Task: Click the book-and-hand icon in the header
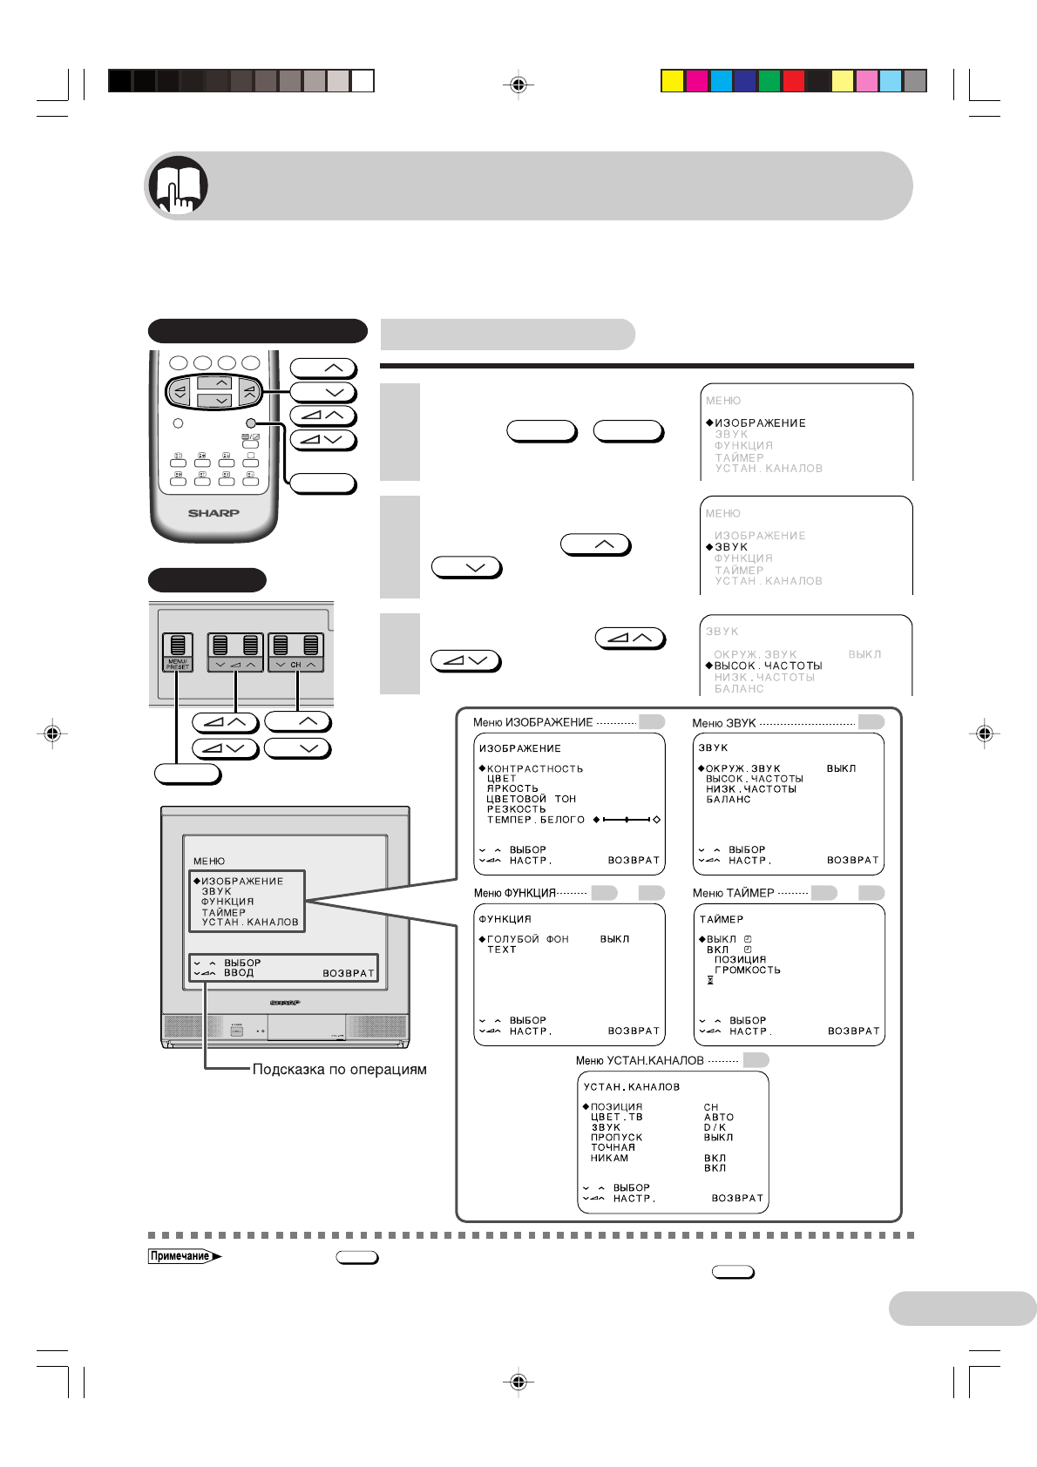coord(178,186)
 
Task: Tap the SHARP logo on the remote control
coord(213,513)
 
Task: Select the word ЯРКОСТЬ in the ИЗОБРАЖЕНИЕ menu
coord(512,788)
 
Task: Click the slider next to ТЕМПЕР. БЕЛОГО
coord(627,820)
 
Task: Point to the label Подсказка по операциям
coord(339,1069)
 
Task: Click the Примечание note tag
coord(180,1256)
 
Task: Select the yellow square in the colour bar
coord(672,81)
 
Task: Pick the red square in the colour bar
coord(793,81)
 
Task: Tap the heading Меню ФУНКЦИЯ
coord(514,893)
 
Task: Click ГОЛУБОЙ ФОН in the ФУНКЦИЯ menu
coord(527,939)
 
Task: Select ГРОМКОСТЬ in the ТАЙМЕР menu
coord(747,970)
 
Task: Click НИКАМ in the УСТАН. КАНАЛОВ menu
coord(609,1158)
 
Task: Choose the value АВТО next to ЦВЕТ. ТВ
coord(719,1117)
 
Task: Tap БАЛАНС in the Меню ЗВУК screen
coord(728,799)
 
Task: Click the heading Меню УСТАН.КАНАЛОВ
coord(639,1060)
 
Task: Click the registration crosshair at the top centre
coord(518,85)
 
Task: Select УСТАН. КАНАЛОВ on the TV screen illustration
coord(250,922)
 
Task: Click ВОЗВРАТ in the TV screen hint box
coord(349,973)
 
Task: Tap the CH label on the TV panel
coord(295,665)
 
